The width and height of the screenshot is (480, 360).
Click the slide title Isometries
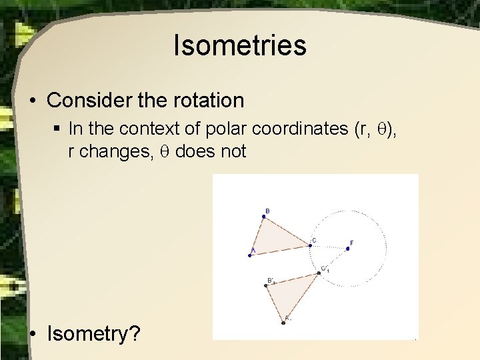[240, 45]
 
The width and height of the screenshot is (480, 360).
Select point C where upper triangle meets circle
[310, 245]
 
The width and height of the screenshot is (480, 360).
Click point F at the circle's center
[347, 248]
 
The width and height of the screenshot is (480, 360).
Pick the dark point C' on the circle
[317, 272]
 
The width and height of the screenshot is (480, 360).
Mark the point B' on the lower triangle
[266, 285]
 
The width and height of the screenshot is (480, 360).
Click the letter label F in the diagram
[352, 242]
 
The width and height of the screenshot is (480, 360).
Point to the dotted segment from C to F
[329, 247]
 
